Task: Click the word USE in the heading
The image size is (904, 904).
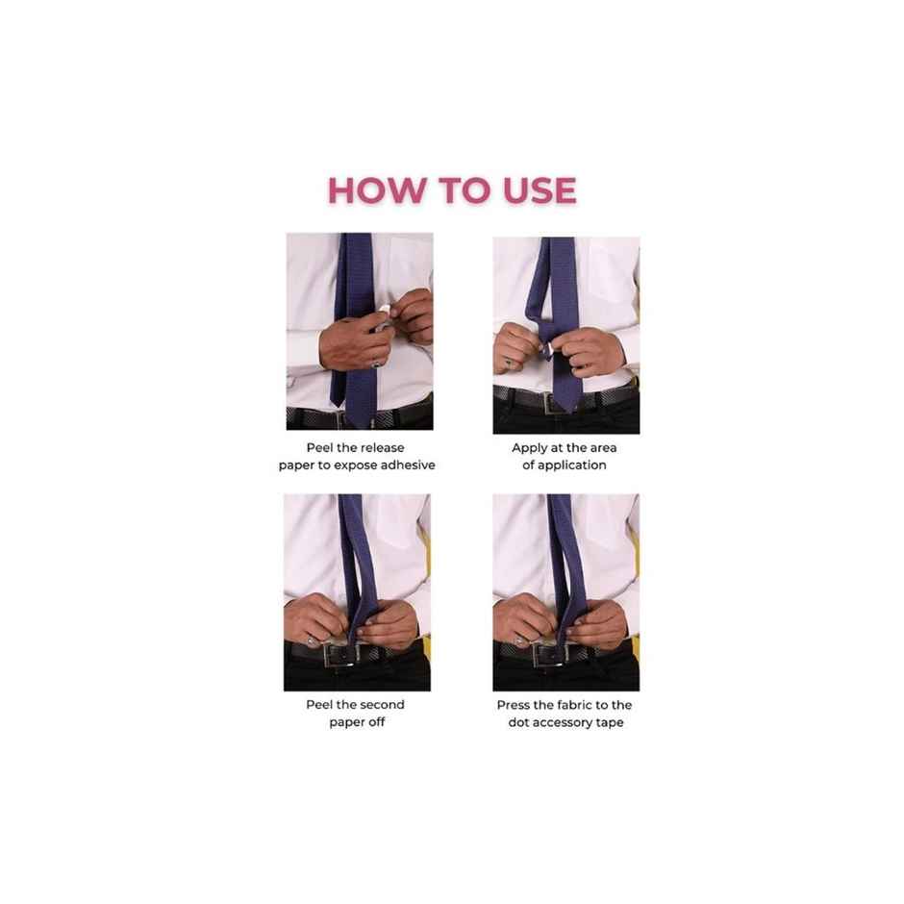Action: pos(540,190)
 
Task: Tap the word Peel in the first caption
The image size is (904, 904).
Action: pos(319,448)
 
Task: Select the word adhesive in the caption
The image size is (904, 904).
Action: pos(407,465)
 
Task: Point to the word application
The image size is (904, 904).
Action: pos(572,465)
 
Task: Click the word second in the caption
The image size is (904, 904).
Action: pos(381,705)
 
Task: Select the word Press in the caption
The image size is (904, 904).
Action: pos(513,705)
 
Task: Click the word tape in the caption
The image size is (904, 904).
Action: pos(611,723)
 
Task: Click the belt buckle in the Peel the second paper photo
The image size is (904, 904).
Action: pos(341,655)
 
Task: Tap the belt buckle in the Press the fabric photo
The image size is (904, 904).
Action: pos(551,655)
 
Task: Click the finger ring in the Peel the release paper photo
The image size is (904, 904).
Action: pos(376,364)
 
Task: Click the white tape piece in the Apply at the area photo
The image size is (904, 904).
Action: pos(550,348)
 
